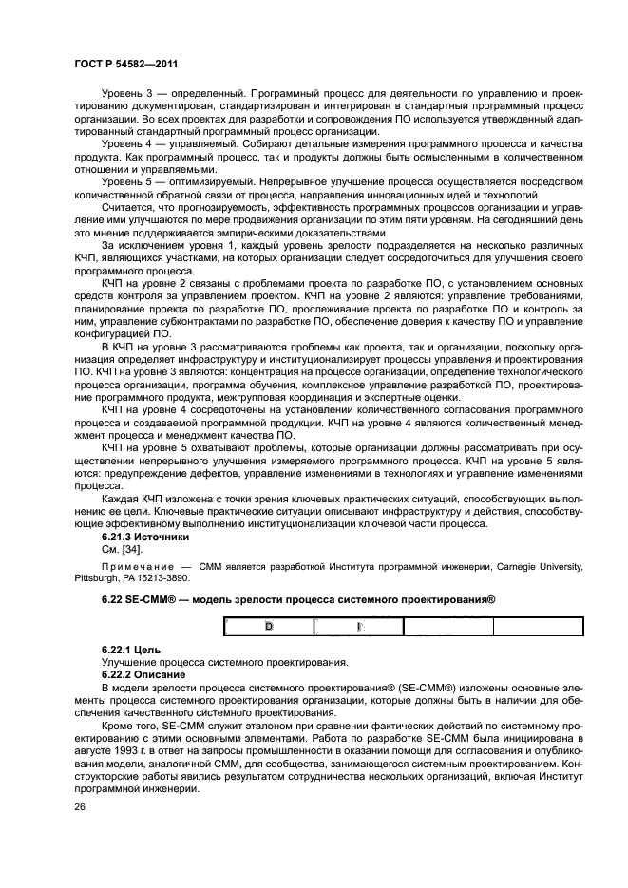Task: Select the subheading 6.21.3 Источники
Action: pyautogui.click(x=145, y=536)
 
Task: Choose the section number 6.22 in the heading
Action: pyautogui.click(x=111, y=599)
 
